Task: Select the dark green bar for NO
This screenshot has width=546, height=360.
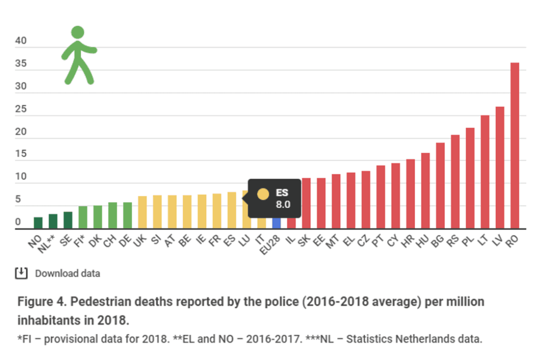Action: (38, 223)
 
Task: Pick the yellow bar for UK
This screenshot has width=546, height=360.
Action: (142, 212)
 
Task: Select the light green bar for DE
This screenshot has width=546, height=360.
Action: (127, 215)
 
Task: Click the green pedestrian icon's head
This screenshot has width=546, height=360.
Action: (78, 32)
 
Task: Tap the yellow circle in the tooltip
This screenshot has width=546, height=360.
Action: (263, 195)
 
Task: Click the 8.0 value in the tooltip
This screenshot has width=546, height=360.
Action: (283, 204)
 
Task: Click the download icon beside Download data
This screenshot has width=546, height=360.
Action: (21, 273)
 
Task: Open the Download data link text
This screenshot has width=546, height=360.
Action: (67, 274)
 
